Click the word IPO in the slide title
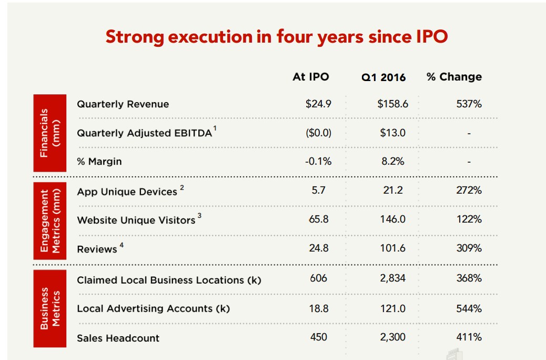(x=428, y=37)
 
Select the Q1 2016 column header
(x=383, y=77)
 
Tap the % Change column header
(x=454, y=77)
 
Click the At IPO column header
(x=310, y=77)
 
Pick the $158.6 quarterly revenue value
(x=392, y=104)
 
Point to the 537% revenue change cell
(x=469, y=104)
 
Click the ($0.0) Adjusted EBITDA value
(x=318, y=133)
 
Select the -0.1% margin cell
(x=318, y=162)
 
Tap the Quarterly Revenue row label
(x=123, y=104)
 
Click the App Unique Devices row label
(x=127, y=192)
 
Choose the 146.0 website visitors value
(x=392, y=219)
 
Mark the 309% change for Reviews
(x=469, y=248)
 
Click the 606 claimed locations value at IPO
(x=318, y=278)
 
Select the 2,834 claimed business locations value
(x=392, y=278)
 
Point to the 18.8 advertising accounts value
(x=318, y=308)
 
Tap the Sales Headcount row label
(x=118, y=338)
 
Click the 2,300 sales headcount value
(x=392, y=337)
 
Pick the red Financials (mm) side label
(x=50, y=133)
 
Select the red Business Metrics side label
(x=50, y=308)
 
